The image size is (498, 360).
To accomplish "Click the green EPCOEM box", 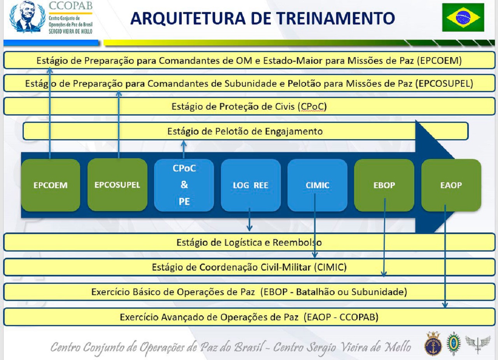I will tap(51, 185).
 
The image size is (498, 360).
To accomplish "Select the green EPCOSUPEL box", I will tap(117, 185).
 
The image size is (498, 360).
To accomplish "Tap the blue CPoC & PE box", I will tap(184, 185).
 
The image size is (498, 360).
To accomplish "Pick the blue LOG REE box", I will tap(251, 185).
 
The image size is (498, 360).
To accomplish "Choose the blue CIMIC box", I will tap(317, 185).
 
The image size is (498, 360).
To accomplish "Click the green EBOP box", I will tap(384, 185).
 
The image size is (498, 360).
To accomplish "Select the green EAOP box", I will tap(451, 185).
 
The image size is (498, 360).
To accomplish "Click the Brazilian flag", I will tap(463, 17).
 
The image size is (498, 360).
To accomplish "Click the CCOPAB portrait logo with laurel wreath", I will tap(27, 17).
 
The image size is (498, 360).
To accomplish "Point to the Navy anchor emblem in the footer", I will tap(433, 344).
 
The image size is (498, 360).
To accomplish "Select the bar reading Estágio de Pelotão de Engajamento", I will tap(245, 131).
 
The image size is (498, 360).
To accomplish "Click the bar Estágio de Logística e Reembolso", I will tap(249, 243).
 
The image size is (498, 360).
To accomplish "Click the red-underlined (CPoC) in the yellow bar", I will tap(312, 107).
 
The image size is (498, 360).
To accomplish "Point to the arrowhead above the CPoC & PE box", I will tap(184, 143).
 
